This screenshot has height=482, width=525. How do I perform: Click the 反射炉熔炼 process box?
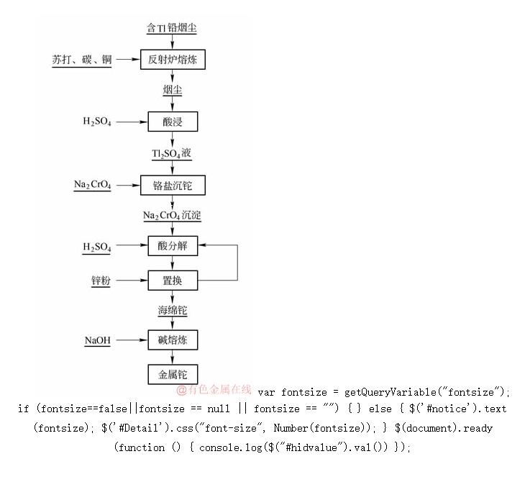173,60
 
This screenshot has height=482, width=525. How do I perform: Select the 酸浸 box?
173,122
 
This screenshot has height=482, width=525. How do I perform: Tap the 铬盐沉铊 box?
173,186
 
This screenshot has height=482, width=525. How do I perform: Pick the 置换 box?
173,280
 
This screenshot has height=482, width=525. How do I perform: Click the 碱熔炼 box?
173,340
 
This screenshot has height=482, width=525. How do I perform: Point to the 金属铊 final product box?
173,374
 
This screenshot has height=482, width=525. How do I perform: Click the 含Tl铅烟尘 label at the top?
172,28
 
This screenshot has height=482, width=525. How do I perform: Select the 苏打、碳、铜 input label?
82,60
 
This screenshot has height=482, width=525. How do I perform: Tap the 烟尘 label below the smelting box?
173,90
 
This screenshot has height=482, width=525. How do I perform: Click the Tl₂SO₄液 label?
172,154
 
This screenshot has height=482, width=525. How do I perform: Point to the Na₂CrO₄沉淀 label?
172,216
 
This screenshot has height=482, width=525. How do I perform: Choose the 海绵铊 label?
173,311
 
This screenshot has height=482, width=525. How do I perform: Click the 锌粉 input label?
101,280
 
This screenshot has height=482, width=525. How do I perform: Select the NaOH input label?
98,340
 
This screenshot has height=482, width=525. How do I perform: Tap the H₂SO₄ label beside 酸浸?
98,122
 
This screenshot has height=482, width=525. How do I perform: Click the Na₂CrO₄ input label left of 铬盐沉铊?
93,186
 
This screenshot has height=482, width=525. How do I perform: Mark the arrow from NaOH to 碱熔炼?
131,340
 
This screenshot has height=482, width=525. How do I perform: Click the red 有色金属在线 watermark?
214,391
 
